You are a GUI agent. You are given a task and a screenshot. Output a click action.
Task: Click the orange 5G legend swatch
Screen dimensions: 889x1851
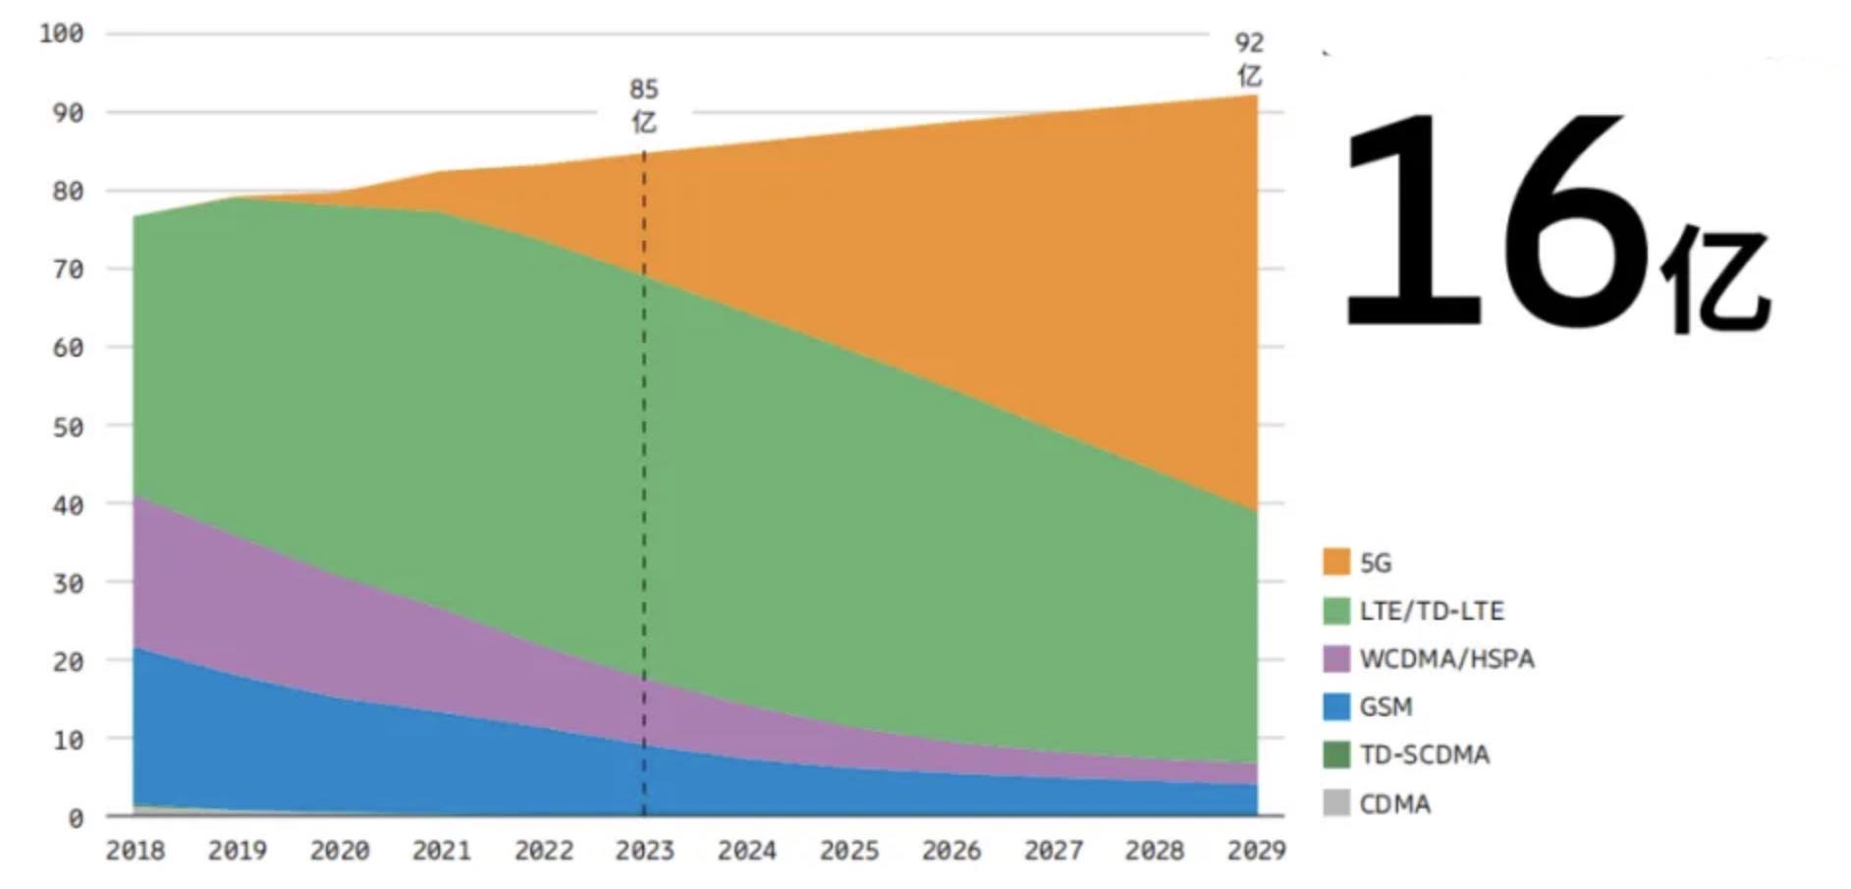pyautogui.click(x=1335, y=562)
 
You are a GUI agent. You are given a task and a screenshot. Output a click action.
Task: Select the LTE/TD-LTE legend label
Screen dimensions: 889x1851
pyautogui.click(x=1431, y=611)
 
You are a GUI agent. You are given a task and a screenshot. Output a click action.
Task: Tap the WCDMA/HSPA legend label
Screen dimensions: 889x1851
pyautogui.click(x=1446, y=658)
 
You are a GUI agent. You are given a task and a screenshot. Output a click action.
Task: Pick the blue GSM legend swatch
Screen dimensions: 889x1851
pyautogui.click(x=1335, y=706)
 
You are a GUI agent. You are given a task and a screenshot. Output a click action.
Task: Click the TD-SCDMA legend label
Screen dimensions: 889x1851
pyautogui.click(x=1424, y=754)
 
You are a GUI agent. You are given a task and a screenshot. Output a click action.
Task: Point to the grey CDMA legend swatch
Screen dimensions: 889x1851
pyautogui.click(x=1335, y=804)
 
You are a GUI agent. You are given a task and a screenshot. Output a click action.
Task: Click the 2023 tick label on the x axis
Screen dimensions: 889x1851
pyautogui.click(x=644, y=851)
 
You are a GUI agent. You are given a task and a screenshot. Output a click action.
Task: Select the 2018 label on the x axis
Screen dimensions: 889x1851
pyautogui.click(x=136, y=851)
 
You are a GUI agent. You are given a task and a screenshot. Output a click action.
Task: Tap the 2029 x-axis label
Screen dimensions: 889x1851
pyautogui.click(x=1256, y=851)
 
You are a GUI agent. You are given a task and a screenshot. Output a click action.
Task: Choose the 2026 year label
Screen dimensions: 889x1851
pyautogui.click(x=951, y=851)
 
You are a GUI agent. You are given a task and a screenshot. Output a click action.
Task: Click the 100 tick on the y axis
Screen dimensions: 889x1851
pyautogui.click(x=61, y=33)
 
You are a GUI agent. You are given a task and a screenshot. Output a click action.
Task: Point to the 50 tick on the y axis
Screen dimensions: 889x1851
pyautogui.click(x=67, y=426)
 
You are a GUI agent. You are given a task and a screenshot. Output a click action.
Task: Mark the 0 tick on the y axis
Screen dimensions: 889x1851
pyautogui.click(x=75, y=818)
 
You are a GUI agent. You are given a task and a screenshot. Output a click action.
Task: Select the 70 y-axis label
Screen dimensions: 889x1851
pyautogui.click(x=67, y=269)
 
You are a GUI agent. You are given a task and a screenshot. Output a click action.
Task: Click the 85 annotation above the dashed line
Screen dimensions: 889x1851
pyautogui.click(x=643, y=89)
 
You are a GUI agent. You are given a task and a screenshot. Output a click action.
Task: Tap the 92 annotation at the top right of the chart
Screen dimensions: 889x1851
pyautogui.click(x=1249, y=43)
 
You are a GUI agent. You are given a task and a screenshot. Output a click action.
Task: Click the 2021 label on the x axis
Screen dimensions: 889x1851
pyautogui.click(x=441, y=851)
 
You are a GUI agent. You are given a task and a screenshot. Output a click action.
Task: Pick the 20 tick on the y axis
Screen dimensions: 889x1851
pyautogui.click(x=67, y=661)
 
